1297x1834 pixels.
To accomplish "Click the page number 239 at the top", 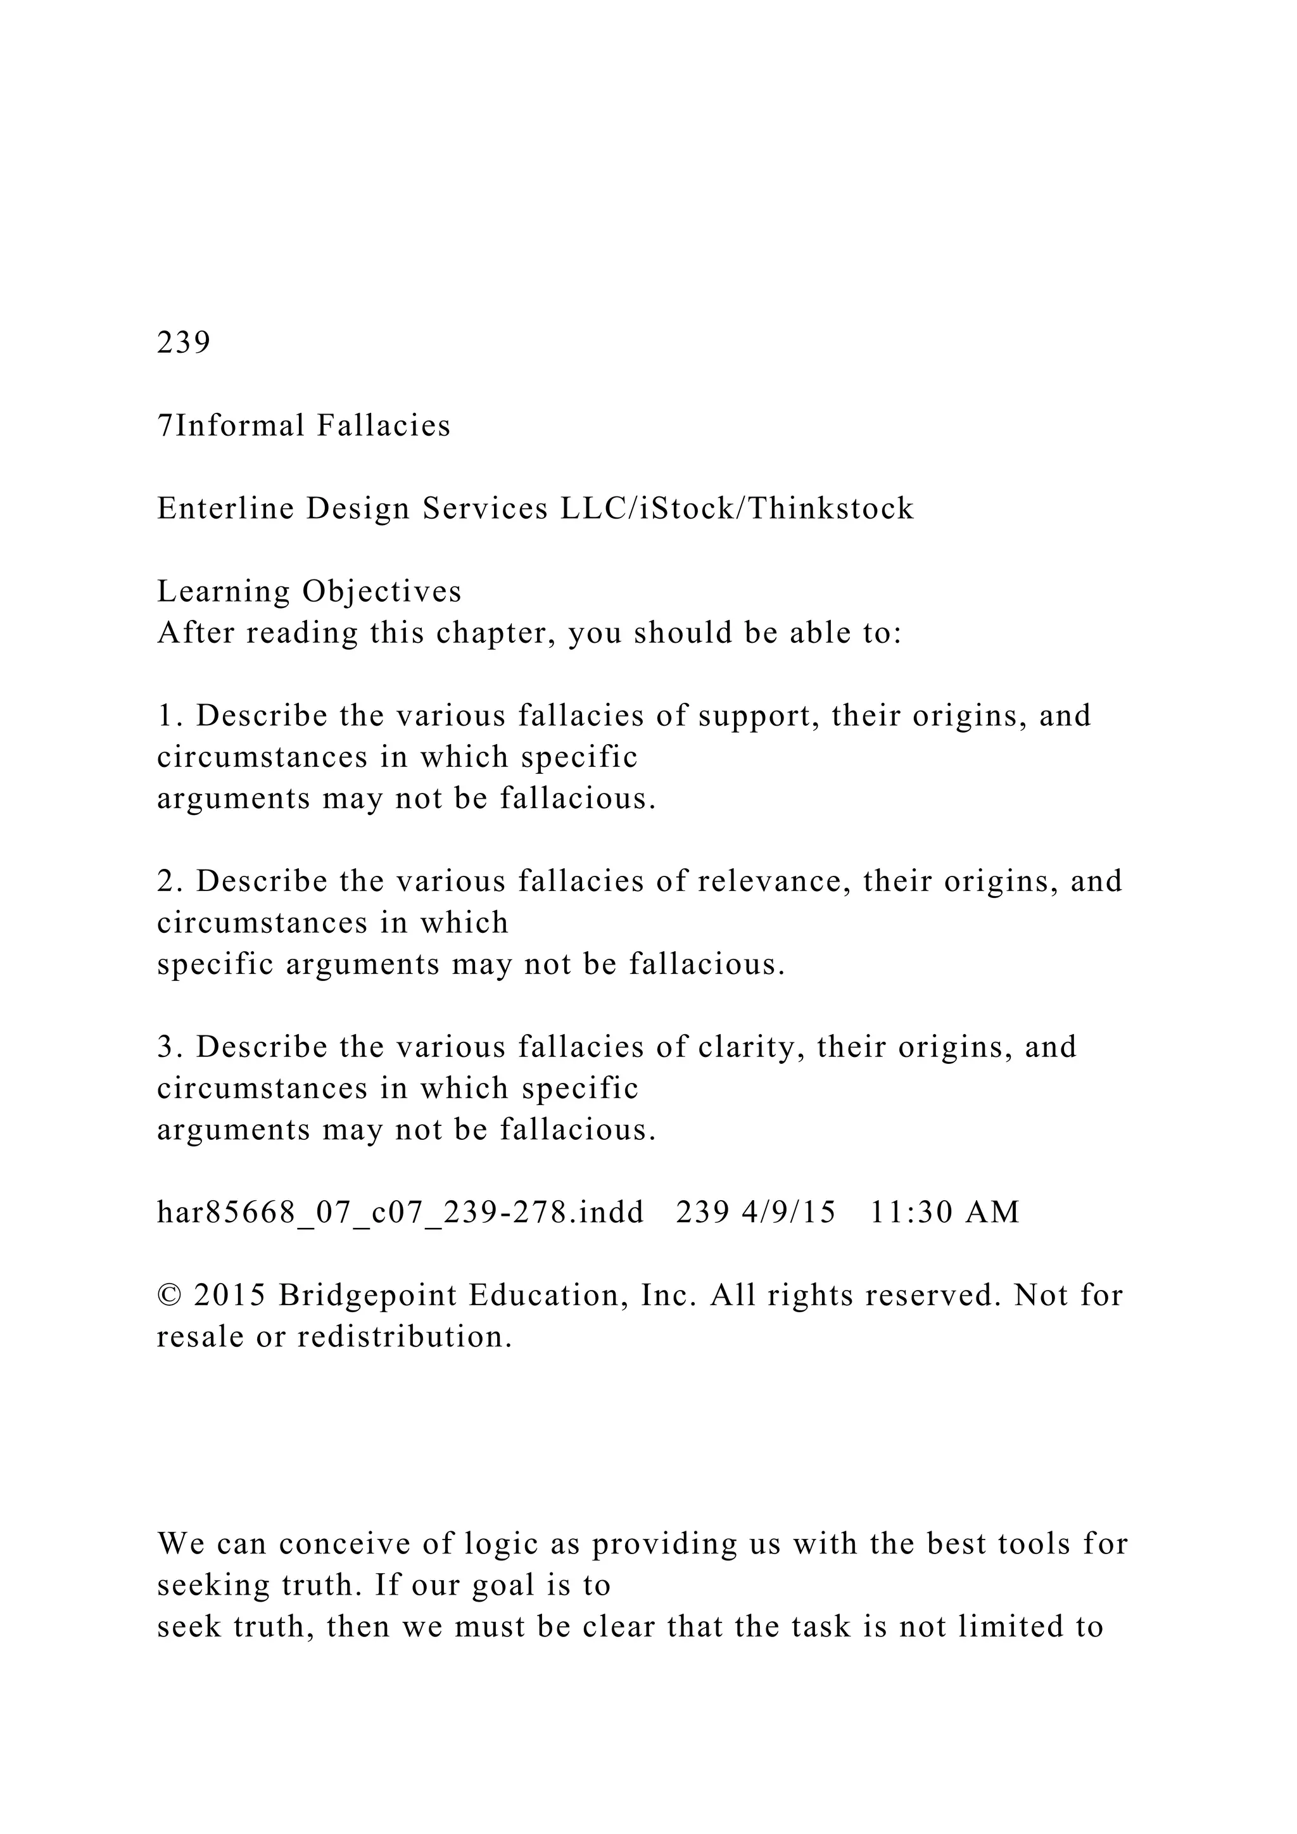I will pyautogui.click(x=184, y=343).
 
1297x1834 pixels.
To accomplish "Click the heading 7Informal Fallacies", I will pyautogui.click(x=303, y=426).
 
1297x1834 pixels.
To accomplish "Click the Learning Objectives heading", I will pyautogui.click(x=309, y=592).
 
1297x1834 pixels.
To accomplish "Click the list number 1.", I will pyautogui.click(x=165, y=716).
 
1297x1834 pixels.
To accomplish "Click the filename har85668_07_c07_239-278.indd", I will pyautogui.click(x=400, y=1213).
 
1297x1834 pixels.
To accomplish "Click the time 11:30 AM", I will pyautogui.click(x=945, y=1213).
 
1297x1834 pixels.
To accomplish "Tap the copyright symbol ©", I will pyautogui.click(x=168, y=1296).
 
